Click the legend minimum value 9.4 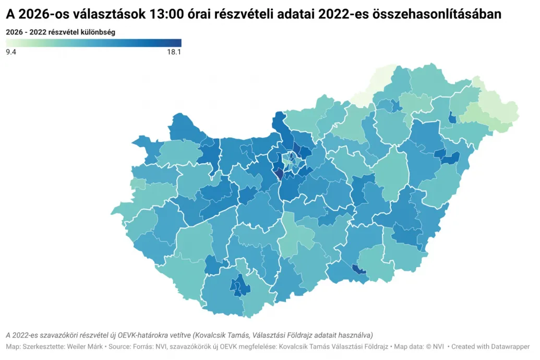(11, 52)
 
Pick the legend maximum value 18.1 (173, 52)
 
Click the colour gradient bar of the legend (93, 43)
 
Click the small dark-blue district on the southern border (359, 269)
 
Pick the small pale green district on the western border (138, 184)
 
